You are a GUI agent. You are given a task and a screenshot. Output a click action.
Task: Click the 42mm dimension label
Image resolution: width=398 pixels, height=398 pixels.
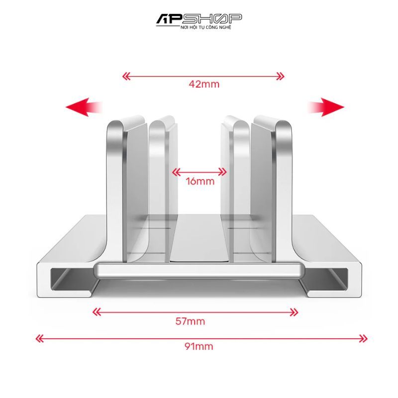(204, 84)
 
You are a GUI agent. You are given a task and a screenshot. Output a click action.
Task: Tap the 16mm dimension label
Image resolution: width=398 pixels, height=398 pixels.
(200, 181)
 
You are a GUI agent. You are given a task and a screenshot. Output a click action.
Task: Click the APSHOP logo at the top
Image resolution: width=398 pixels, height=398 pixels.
(199, 19)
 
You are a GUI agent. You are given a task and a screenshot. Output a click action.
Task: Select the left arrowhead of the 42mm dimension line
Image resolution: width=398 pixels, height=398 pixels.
(126, 76)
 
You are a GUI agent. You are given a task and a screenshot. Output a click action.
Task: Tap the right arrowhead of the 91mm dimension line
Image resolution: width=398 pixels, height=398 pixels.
(364, 338)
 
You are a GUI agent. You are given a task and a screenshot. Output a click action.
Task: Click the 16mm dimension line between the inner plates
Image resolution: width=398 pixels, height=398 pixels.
(199, 172)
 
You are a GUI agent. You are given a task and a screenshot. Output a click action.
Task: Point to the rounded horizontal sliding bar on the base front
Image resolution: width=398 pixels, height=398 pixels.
(199, 272)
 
